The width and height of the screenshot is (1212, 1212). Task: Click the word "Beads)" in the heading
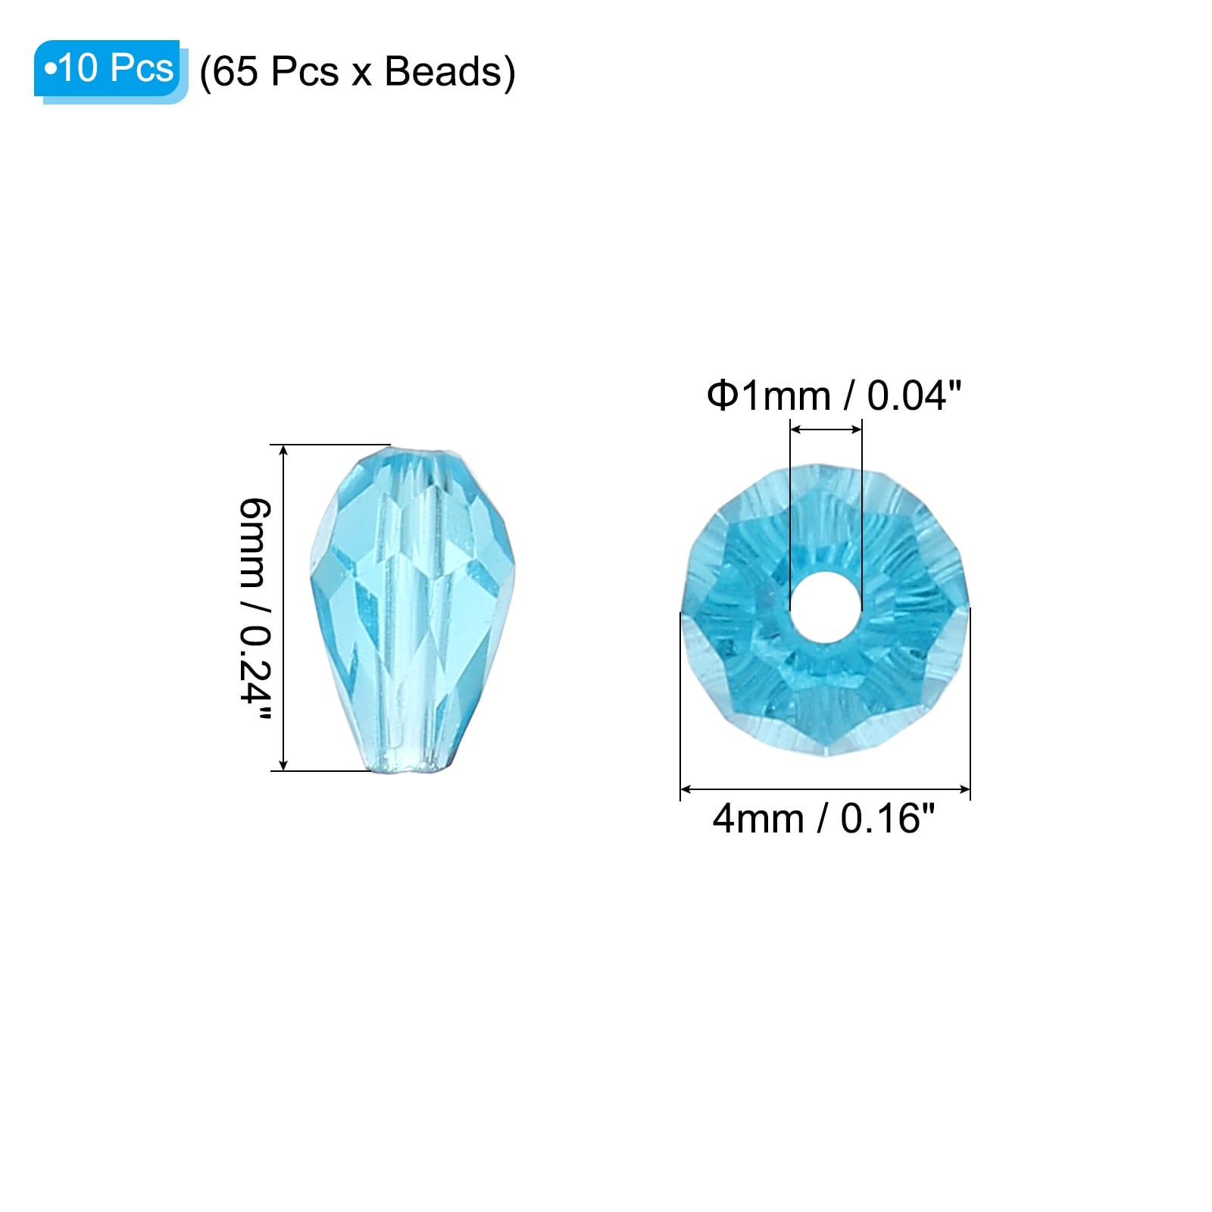(450, 72)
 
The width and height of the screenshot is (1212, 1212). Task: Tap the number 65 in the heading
(235, 72)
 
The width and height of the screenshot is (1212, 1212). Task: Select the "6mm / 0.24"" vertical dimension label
(255, 610)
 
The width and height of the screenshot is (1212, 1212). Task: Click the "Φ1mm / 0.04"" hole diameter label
(834, 395)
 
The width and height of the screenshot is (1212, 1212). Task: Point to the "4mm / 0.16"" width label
(823, 819)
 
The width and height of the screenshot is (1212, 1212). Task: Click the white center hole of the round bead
(826, 608)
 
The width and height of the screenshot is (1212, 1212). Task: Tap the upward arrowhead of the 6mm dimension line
(284, 451)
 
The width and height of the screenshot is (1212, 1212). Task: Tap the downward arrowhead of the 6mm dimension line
(284, 765)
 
